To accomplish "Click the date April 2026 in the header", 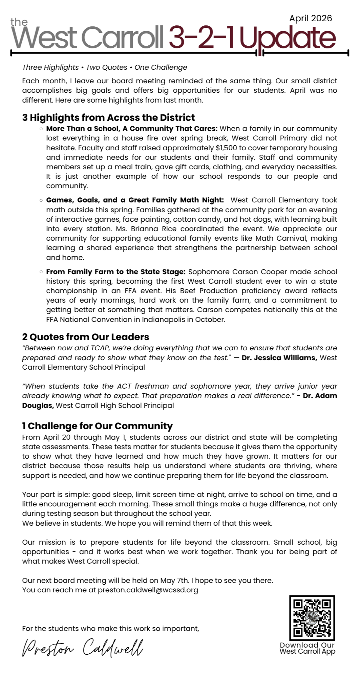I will [x=310, y=18].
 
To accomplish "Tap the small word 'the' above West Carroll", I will [x=19, y=22].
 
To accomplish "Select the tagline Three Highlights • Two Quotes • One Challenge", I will [x=104, y=67].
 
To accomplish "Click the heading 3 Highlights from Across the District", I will [x=108, y=117].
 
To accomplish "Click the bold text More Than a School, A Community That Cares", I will [x=132, y=129].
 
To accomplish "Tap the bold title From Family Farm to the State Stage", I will [x=116, y=272].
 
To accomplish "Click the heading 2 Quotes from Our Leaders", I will [x=85, y=337].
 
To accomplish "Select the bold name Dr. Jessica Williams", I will [x=279, y=358].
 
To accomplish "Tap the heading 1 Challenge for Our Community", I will [x=97, y=426].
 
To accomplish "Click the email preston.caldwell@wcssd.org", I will [x=148, y=590].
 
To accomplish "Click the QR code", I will [x=312, y=617].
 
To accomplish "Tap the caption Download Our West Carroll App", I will [x=307, y=648].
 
